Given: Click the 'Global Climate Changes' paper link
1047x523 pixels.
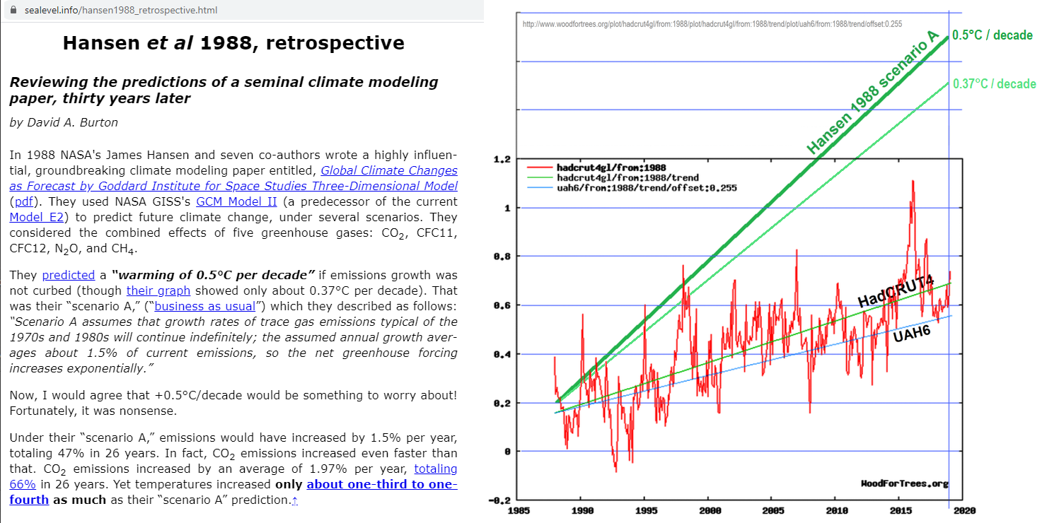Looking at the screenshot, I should [x=388, y=170].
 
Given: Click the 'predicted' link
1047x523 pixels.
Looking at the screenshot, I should [x=68, y=275].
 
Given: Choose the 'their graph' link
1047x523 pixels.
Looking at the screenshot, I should [x=158, y=290].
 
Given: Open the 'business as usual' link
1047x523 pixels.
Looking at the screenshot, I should [x=204, y=306].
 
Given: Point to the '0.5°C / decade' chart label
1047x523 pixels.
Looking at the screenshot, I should [x=993, y=35].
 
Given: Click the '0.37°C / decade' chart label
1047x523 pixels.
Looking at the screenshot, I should [x=994, y=84].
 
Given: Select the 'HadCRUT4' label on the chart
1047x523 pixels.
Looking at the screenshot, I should [x=896, y=290].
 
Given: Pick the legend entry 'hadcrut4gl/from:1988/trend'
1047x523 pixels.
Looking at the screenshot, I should [x=627, y=178].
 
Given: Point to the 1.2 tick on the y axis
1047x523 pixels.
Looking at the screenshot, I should [x=502, y=160].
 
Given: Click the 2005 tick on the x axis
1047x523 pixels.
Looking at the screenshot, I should [x=773, y=510].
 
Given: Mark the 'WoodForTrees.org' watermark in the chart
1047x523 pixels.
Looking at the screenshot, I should [x=904, y=483].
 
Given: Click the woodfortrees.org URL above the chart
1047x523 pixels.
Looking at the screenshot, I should [x=712, y=24].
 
